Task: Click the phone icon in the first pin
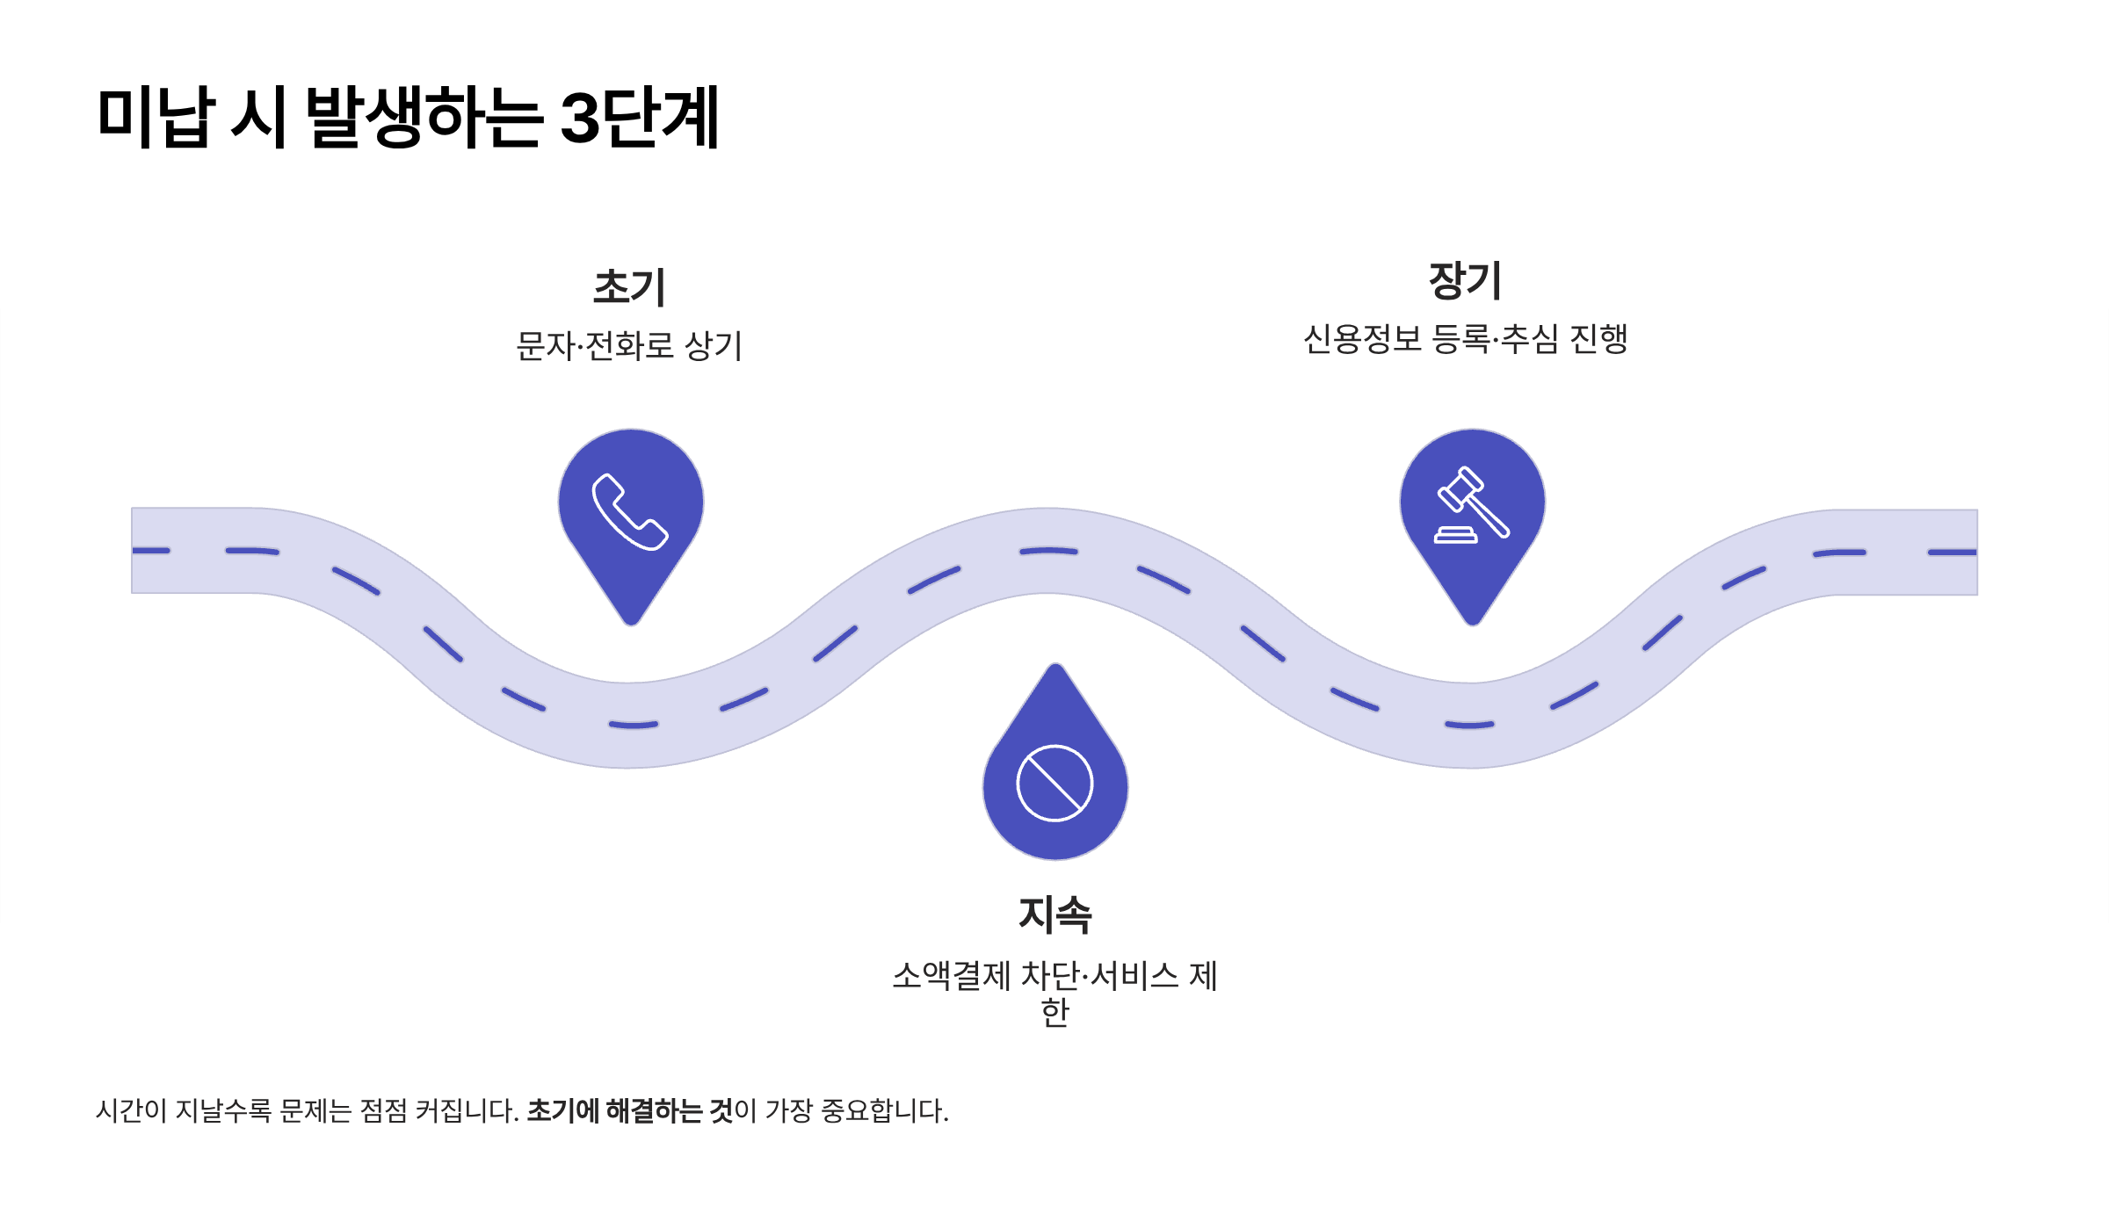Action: click(x=630, y=511)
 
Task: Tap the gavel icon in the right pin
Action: click(x=1472, y=505)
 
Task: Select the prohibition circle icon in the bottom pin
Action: click(x=1054, y=783)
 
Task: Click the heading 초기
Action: click(x=630, y=287)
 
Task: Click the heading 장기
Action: click(x=1465, y=280)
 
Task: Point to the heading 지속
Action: click(x=1054, y=914)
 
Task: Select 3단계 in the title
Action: click(x=639, y=117)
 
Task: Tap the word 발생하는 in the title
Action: click(x=423, y=117)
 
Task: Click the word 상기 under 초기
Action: click(x=714, y=345)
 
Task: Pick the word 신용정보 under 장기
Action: click(x=1362, y=339)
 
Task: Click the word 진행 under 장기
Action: click(x=1598, y=339)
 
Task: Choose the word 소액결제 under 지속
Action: click(x=952, y=976)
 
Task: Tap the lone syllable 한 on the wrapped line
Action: click(x=1054, y=1012)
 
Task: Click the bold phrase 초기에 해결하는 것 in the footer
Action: click(x=629, y=1111)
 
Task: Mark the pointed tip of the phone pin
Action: click(x=631, y=622)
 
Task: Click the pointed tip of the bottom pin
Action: click(x=1055, y=668)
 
